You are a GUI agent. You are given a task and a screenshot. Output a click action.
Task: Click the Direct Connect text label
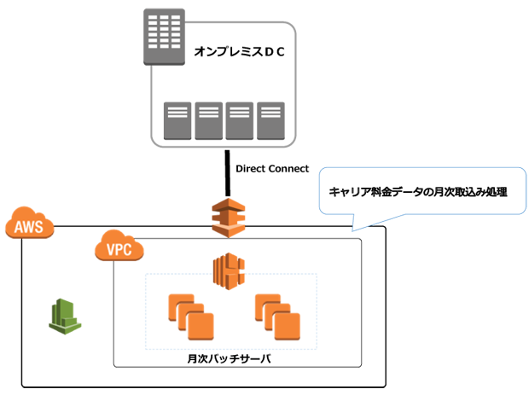pyautogui.click(x=271, y=169)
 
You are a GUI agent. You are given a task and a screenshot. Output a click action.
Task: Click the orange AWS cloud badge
pyautogui.click(x=29, y=227)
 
